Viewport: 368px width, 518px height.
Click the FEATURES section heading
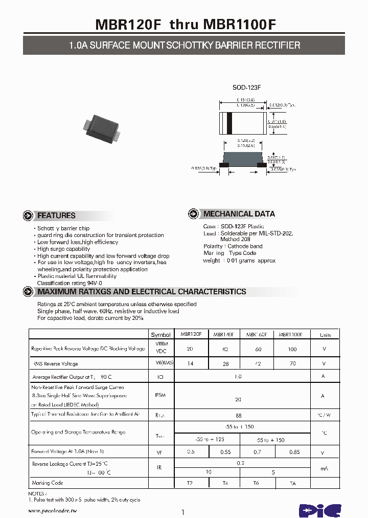pyautogui.click(x=56, y=215)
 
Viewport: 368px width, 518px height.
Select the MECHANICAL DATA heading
pyautogui.click(x=239, y=214)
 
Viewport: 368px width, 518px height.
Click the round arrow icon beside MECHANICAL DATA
pyautogui.click(x=193, y=214)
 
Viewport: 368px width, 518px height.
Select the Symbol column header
pyautogui.click(x=161, y=335)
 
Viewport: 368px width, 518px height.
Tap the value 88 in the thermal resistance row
pyautogui.click(x=238, y=416)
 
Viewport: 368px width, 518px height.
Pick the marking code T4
pyautogui.click(x=225, y=483)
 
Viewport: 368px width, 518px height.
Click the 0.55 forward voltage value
pyautogui.click(x=225, y=452)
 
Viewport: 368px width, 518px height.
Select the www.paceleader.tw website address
pyautogui.click(x=52, y=511)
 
